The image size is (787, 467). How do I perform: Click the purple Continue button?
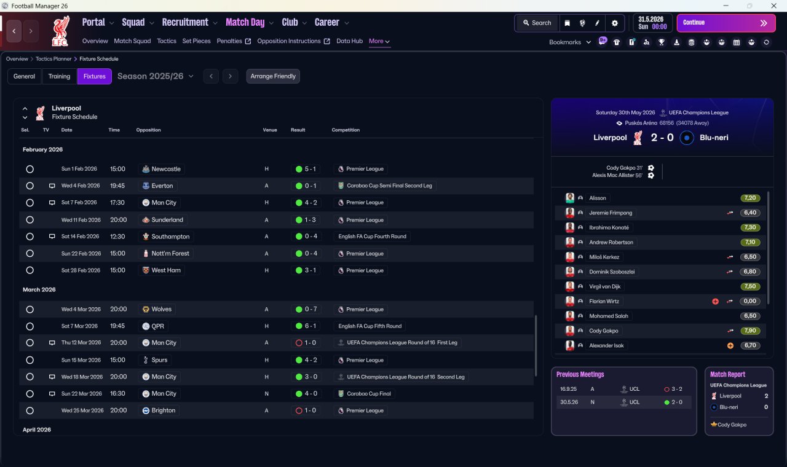point(726,23)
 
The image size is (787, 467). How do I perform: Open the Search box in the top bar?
point(537,23)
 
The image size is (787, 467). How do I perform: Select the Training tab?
point(59,76)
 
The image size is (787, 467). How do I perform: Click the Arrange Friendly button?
point(273,76)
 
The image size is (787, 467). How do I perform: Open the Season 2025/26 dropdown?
point(156,76)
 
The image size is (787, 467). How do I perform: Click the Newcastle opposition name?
point(166,169)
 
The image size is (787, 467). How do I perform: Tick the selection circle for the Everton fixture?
point(30,186)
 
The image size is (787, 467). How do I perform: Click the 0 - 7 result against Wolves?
point(310,309)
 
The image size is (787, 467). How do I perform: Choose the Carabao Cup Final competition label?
point(368,394)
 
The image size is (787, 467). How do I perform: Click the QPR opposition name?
point(158,326)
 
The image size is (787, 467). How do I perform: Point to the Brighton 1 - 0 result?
point(310,410)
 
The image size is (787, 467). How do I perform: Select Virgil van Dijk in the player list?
point(604,286)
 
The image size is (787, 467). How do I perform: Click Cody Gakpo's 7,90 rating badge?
point(749,331)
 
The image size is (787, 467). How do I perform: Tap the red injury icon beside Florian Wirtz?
point(715,301)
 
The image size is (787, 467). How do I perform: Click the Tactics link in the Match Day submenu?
point(167,41)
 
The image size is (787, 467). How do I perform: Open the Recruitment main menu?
point(185,23)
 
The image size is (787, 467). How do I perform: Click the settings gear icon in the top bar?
point(614,23)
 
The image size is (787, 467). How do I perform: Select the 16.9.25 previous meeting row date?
point(568,389)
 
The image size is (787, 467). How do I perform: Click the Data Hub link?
point(350,41)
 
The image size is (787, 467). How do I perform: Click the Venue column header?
point(270,130)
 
